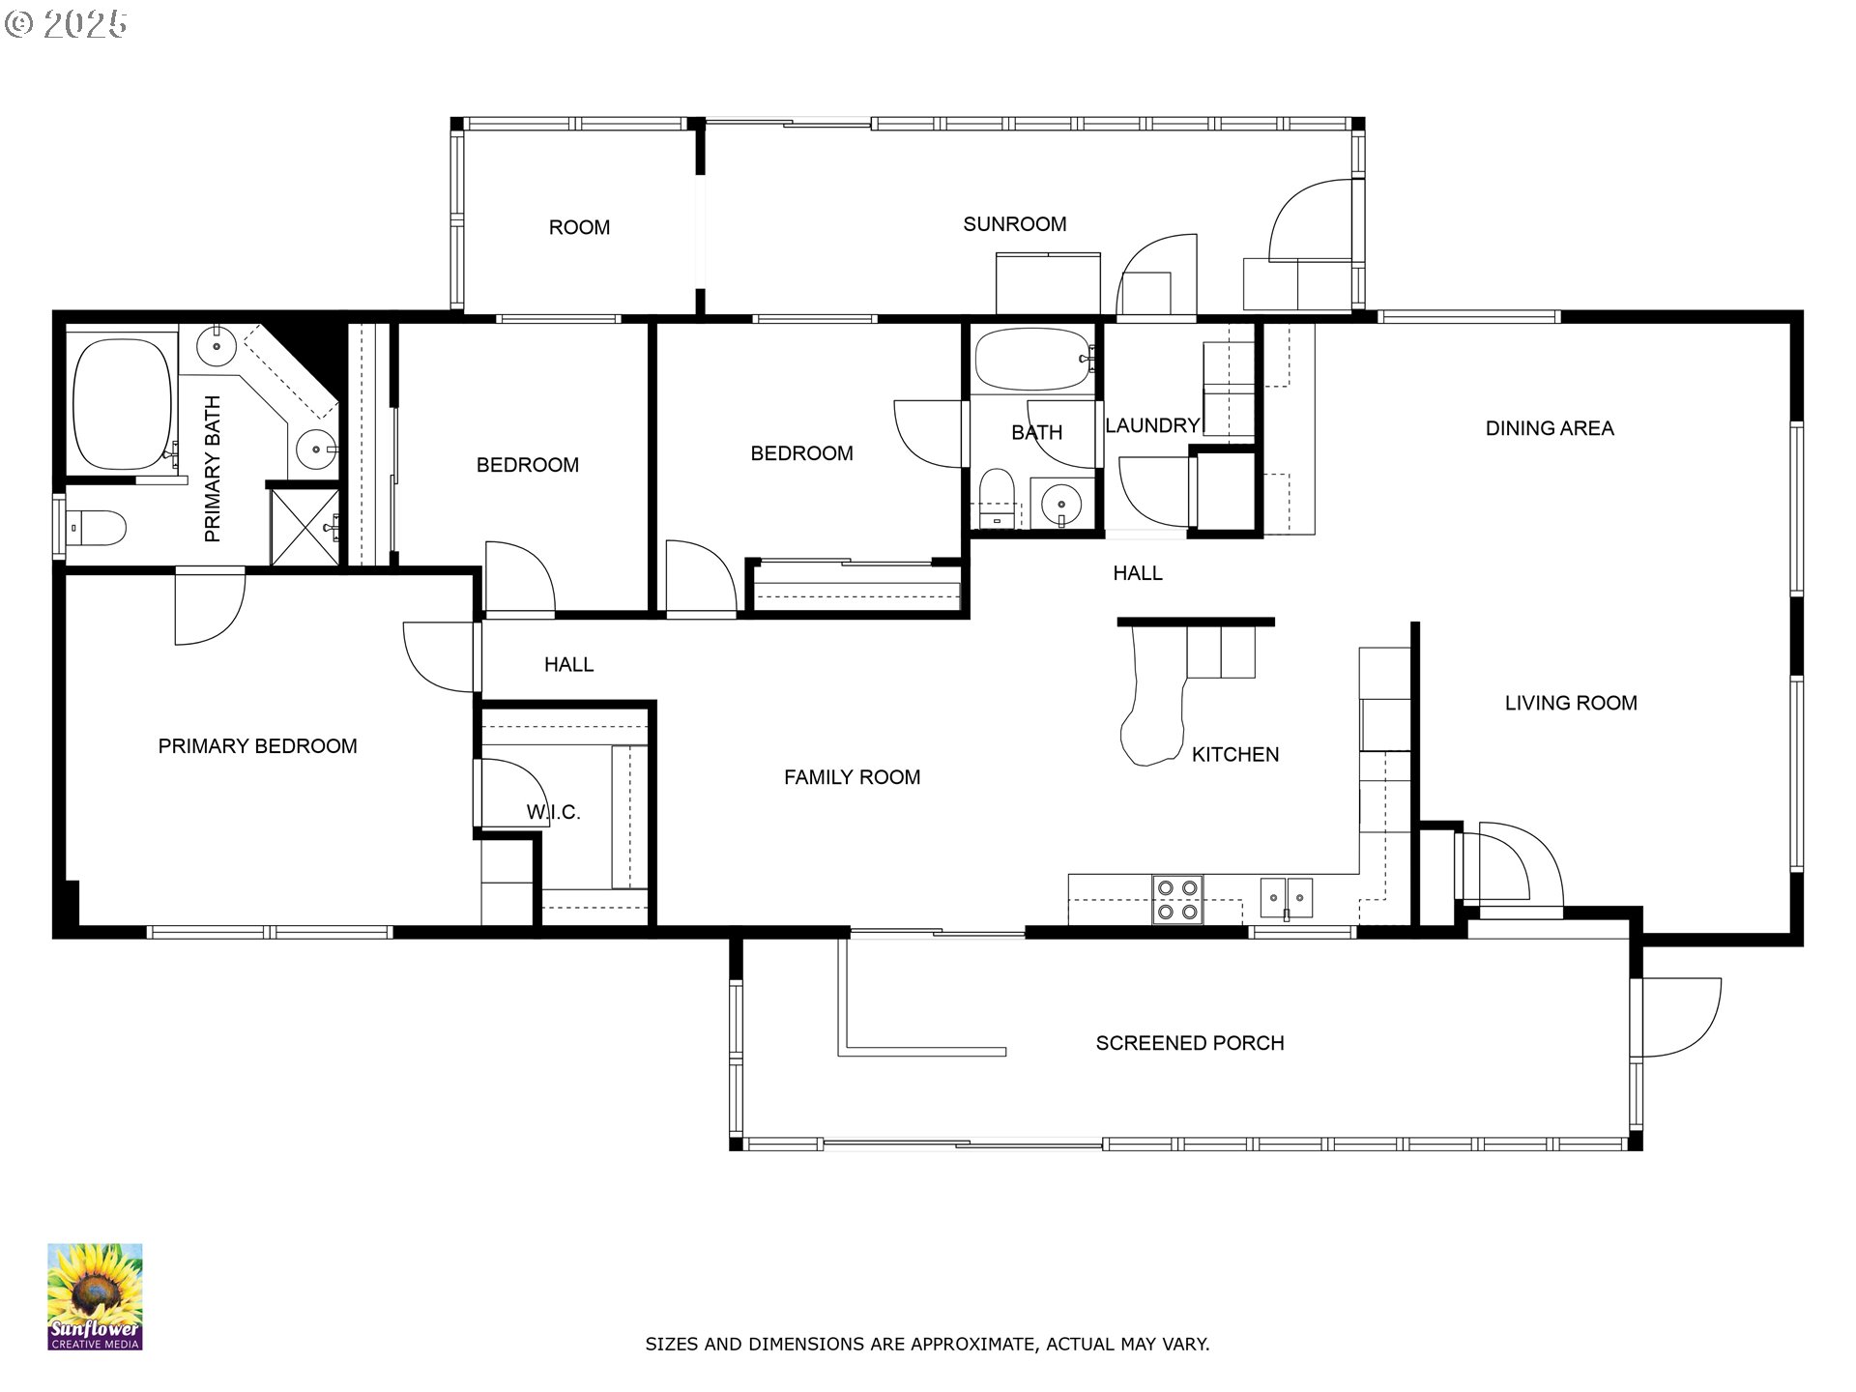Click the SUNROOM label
[1014, 224]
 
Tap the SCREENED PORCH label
[1190, 1043]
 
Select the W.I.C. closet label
[553, 813]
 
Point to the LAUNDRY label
[1152, 425]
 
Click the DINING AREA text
[1550, 428]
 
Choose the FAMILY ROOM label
[852, 777]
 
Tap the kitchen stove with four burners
[1177, 899]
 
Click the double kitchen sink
[1287, 898]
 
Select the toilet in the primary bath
[97, 528]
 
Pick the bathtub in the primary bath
[122, 404]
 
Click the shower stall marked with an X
[304, 528]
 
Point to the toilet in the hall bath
[996, 498]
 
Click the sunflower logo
[95, 1296]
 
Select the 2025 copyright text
[66, 24]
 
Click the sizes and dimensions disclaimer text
[927, 1344]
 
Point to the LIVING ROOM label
[1571, 704]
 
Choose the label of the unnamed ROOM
[579, 228]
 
